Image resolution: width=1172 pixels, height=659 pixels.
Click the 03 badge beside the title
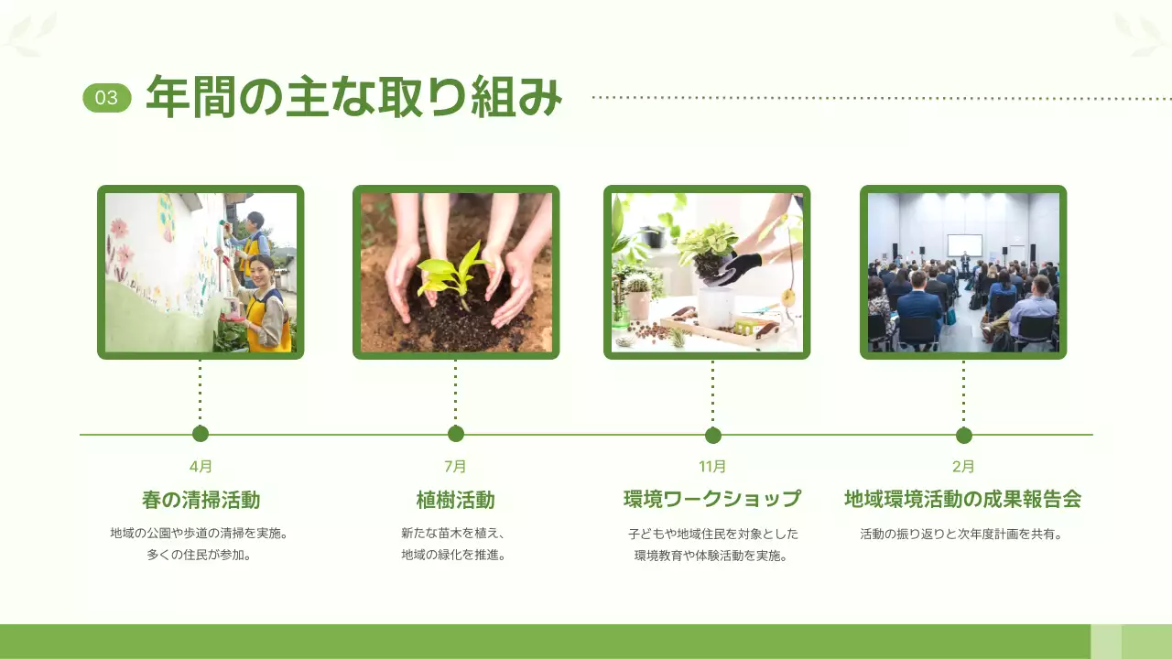pos(107,98)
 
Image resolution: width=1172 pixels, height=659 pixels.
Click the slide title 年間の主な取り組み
pos(353,97)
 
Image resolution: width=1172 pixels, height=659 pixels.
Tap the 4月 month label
pos(201,466)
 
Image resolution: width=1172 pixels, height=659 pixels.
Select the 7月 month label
pos(455,466)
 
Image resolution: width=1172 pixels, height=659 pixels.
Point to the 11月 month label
pos(712,466)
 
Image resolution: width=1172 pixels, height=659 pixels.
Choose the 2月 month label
pos(963,466)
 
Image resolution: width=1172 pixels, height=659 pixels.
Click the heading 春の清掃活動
pos(201,500)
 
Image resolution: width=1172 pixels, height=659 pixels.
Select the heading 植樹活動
pos(455,500)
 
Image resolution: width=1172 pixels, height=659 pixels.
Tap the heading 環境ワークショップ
pos(712,499)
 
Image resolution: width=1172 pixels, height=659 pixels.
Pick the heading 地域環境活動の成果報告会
pos(963,499)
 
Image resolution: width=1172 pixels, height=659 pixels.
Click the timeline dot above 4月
pos(201,434)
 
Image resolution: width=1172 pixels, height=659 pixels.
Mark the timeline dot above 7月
pos(456,434)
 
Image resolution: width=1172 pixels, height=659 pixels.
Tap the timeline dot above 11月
pos(713,435)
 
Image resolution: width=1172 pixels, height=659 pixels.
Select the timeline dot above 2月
pos(963,435)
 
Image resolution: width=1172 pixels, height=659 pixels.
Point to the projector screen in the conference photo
pos(964,244)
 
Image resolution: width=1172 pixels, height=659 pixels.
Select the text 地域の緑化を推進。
pos(454,555)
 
